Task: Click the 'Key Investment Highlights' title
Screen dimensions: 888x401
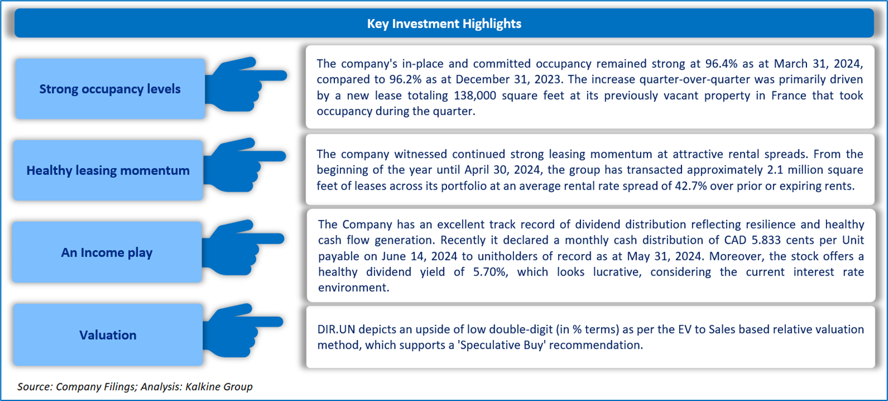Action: click(x=444, y=24)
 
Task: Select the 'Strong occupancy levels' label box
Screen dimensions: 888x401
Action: click(x=110, y=89)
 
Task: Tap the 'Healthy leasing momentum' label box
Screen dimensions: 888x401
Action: click(x=108, y=170)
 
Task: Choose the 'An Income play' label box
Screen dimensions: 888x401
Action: click(x=107, y=252)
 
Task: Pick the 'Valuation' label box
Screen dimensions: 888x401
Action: click(x=108, y=335)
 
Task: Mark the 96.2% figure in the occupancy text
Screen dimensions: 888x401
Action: click(x=405, y=80)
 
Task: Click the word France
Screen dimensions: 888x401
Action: click(x=789, y=96)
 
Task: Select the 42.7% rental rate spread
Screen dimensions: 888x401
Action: click(x=691, y=186)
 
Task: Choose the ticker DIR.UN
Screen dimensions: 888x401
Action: click(x=336, y=330)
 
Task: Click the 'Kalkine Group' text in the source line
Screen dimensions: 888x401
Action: click(x=219, y=387)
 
